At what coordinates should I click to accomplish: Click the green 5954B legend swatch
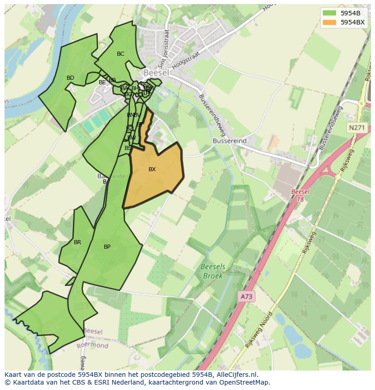(329, 13)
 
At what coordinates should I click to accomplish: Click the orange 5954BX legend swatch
(329, 22)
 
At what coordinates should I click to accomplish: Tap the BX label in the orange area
(152, 169)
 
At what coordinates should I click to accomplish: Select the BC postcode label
(120, 54)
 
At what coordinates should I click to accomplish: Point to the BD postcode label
(70, 78)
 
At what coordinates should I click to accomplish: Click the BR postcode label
(77, 242)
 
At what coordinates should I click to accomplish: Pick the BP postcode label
(107, 247)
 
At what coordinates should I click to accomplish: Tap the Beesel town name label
(156, 72)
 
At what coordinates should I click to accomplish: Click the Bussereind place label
(230, 141)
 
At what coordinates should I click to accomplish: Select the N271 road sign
(356, 128)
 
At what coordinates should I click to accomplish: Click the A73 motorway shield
(246, 297)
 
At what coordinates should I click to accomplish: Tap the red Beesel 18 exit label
(300, 195)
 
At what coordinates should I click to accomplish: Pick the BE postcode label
(102, 82)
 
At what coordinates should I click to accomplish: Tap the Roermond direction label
(92, 345)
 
